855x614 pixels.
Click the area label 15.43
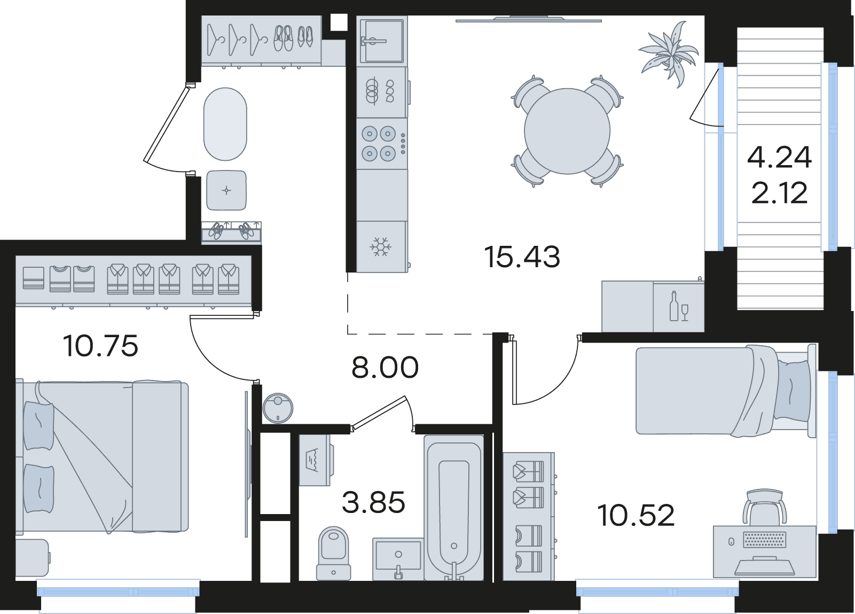[522, 257]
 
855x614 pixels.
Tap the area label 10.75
[101, 346]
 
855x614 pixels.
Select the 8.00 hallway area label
[385, 367]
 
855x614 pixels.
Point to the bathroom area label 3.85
[373, 502]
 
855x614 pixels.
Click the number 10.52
[636, 515]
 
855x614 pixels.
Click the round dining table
[567, 131]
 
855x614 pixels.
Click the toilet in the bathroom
[333, 558]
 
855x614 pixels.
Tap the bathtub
[454, 513]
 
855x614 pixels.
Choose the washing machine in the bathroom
[315, 460]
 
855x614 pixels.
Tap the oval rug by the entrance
[225, 124]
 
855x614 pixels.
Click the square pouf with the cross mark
[226, 190]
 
